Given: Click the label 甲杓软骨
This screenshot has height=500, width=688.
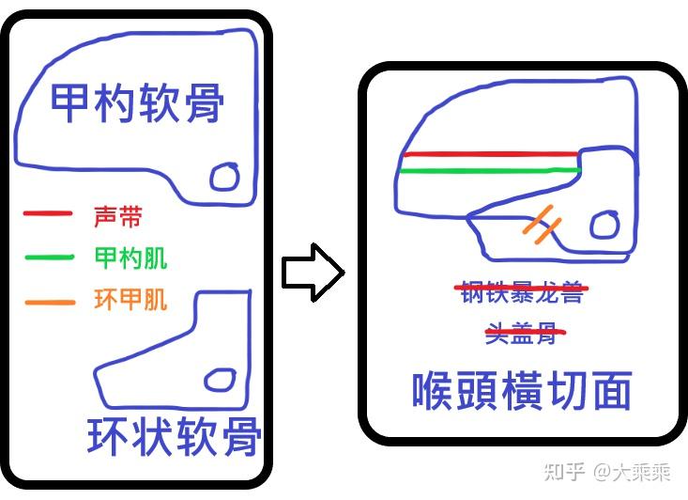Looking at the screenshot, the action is (x=137, y=103).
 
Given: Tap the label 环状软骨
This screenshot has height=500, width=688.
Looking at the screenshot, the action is (x=175, y=436).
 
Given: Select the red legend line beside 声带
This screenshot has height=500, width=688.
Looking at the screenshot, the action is (x=47, y=213).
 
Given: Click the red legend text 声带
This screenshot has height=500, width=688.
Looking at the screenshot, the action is (x=118, y=216).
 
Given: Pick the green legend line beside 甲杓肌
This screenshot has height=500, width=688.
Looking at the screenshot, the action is (x=49, y=257).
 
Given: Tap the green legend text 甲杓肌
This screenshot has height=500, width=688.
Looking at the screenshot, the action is (x=130, y=258).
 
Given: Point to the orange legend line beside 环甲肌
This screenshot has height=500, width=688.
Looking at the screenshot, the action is (x=50, y=303).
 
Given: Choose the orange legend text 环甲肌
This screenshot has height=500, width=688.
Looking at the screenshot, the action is (x=130, y=300).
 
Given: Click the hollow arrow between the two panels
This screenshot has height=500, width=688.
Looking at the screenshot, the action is (x=313, y=273).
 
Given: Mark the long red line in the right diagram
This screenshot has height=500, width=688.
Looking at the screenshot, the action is (x=491, y=154).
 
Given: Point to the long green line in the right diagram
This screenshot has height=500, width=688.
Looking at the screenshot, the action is (x=490, y=170).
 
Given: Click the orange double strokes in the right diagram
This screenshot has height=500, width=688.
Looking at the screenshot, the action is (x=542, y=224).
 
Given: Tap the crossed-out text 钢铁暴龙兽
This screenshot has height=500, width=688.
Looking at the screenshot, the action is (x=522, y=291).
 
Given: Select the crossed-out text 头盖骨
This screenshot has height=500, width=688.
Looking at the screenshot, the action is (x=526, y=334).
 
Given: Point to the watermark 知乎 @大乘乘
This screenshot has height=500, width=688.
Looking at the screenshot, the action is (x=607, y=473).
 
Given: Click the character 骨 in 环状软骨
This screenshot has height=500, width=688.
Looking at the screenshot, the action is (x=241, y=436).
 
